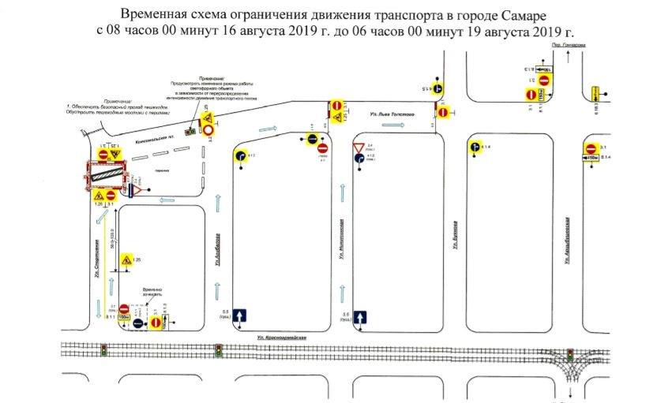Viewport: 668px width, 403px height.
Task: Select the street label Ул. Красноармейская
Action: [x=281, y=336]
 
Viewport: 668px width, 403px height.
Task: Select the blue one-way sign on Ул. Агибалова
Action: [x=242, y=316]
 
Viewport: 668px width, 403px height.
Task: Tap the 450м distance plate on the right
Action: [x=591, y=159]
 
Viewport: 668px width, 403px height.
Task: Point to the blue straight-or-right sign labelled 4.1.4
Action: [x=474, y=146]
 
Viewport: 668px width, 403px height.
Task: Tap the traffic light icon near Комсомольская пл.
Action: [x=190, y=131]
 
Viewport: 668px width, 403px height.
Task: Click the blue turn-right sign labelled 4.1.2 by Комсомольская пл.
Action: [x=239, y=155]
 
